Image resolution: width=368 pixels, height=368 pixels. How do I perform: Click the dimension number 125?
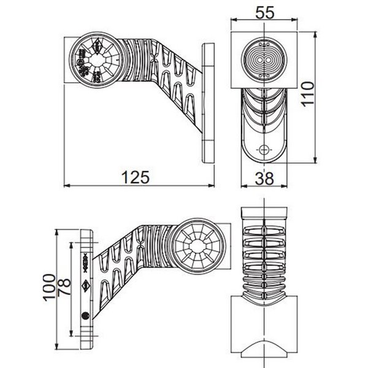(136, 178)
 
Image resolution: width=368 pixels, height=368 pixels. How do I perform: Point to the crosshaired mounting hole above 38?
(264, 150)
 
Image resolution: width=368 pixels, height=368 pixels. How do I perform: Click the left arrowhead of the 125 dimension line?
(66, 185)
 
